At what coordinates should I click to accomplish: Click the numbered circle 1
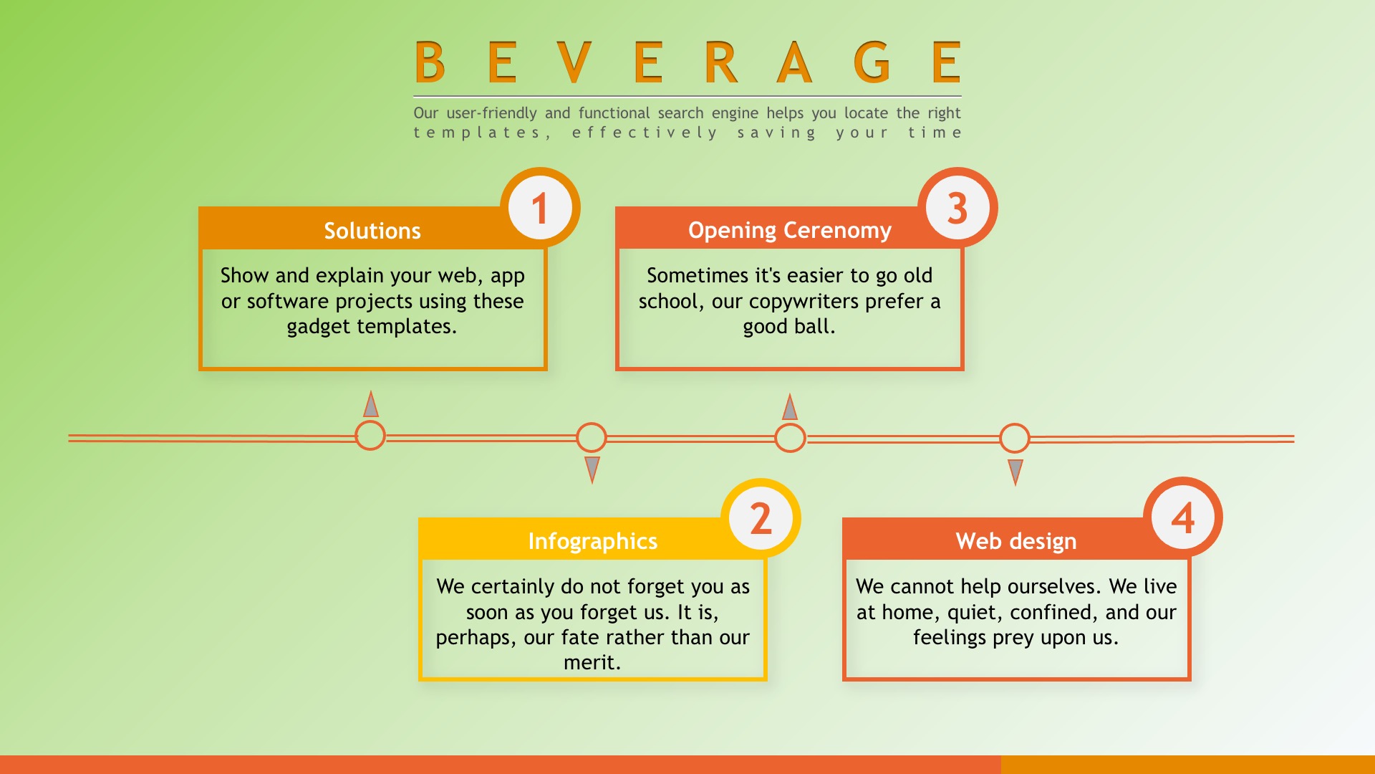[540, 208]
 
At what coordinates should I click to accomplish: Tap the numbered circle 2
[761, 518]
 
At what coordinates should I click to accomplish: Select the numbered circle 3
[957, 208]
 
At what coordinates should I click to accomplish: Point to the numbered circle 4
[1183, 517]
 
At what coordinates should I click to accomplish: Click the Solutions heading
[372, 231]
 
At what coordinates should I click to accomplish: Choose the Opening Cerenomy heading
[790, 231]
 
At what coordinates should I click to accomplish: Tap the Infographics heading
[593, 541]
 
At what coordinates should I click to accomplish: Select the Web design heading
[1016, 541]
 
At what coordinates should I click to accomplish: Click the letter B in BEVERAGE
[430, 62]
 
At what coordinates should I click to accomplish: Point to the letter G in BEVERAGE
[872, 62]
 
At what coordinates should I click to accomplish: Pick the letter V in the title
[574, 62]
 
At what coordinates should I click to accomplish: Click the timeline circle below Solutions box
[370, 436]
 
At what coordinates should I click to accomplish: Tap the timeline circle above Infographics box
[592, 437]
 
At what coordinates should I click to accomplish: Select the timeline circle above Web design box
[1015, 438]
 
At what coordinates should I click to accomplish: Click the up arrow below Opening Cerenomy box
[790, 406]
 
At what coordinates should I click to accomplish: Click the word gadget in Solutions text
[319, 328]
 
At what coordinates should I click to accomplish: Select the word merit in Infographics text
[589, 662]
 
